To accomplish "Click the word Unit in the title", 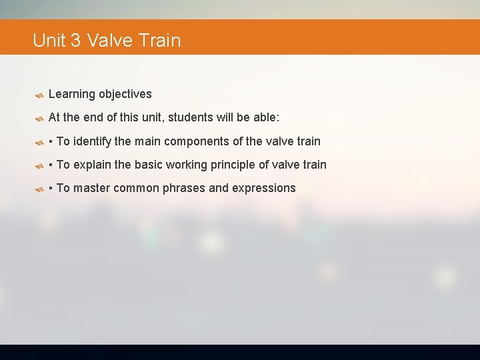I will (x=49, y=41).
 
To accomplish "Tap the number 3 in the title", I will (x=75, y=41).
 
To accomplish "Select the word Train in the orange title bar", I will (x=160, y=41).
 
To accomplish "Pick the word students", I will (x=191, y=118).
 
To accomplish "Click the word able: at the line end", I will (x=265, y=118).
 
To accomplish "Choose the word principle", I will (x=237, y=165).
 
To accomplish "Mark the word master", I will (x=92, y=188).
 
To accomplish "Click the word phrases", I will (x=186, y=188).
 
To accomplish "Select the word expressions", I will (x=263, y=188).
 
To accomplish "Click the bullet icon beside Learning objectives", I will (x=39, y=95).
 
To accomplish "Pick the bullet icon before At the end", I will (x=39, y=119).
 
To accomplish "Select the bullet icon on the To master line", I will (x=39, y=189).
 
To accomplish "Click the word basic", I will (x=150, y=165).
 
